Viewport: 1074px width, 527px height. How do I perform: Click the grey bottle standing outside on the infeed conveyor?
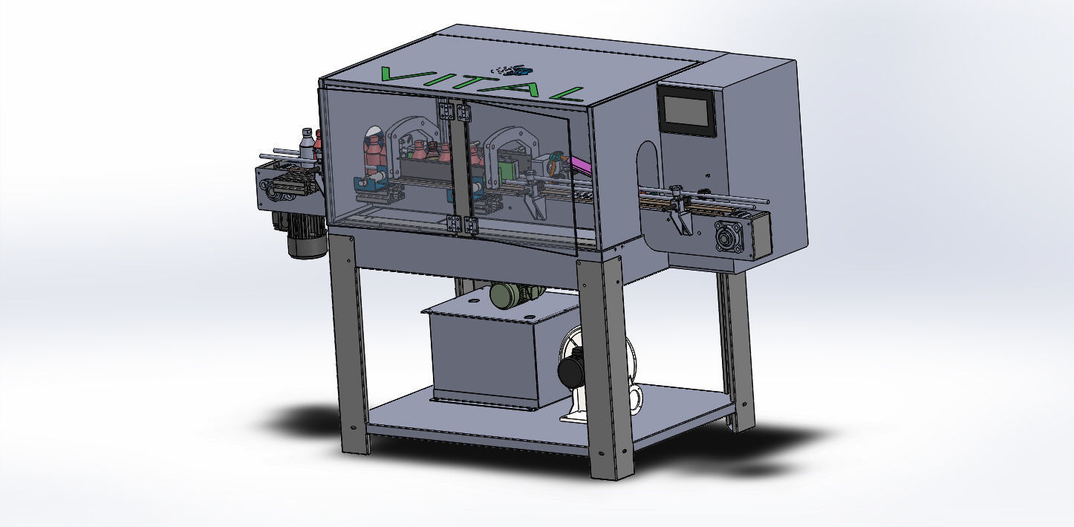[306, 143]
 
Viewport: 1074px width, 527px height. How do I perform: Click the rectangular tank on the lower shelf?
[490, 353]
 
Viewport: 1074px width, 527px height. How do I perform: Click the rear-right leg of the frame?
[738, 349]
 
